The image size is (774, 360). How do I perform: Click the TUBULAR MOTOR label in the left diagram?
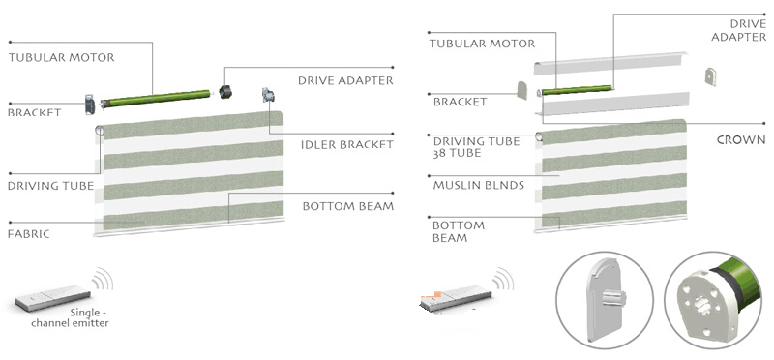tap(61, 57)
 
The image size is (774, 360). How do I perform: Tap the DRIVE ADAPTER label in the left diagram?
tap(345, 80)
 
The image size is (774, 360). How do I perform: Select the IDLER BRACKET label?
tap(347, 145)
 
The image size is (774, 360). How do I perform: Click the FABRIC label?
tap(29, 233)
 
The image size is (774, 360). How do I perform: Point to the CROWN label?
tap(741, 140)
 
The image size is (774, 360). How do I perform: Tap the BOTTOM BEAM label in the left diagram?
tap(348, 206)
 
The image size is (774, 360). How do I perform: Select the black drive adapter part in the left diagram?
tap(225, 91)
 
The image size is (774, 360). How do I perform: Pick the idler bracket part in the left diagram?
tap(268, 95)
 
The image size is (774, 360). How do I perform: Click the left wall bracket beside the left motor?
tap(90, 105)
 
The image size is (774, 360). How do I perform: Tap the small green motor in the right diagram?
tap(577, 90)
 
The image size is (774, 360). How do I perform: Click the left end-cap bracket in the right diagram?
tap(521, 90)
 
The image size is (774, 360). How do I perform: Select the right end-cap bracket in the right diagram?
tap(710, 76)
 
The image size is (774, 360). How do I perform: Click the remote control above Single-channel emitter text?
tap(52, 297)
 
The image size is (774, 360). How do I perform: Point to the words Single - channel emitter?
tap(70, 318)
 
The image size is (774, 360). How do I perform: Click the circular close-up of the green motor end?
tap(715, 300)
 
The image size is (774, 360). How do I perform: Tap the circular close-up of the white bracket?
tap(605, 300)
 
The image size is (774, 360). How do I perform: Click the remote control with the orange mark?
tap(456, 298)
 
